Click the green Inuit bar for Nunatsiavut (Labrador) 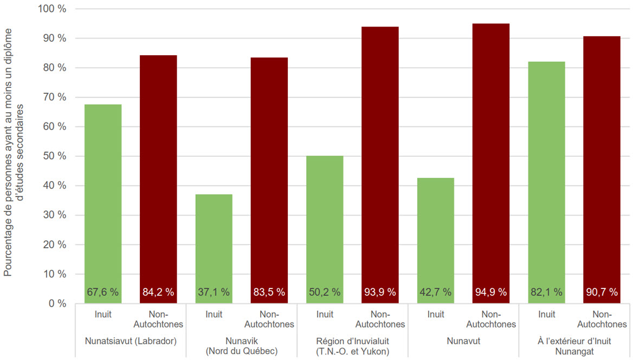pyautogui.click(x=103, y=195)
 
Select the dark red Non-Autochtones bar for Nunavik pyautogui.click(x=269, y=173)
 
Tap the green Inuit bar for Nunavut pyautogui.click(x=436, y=233)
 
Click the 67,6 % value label pyautogui.click(x=103, y=292)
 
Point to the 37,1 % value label pyautogui.click(x=214, y=292)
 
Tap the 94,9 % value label pyautogui.click(x=491, y=292)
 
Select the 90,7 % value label pyautogui.click(x=601, y=292)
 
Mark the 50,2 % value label pyautogui.click(x=325, y=292)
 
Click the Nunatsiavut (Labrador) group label pyautogui.click(x=131, y=341)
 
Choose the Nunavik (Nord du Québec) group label pyautogui.click(x=241, y=346)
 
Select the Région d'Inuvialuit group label pyautogui.click(x=352, y=346)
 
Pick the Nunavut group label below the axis pyautogui.click(x=463, y=341)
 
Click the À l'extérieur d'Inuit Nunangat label pyautogui.click(x=574, y=346)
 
